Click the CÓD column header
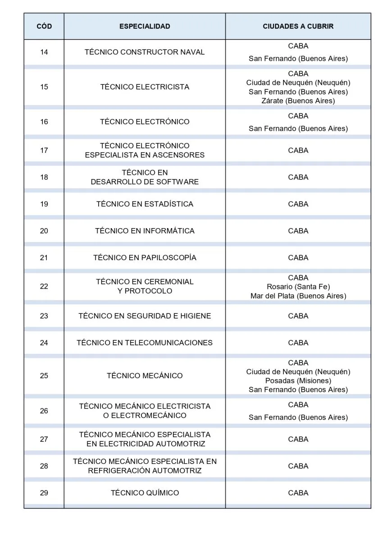44,26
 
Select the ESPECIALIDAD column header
145,26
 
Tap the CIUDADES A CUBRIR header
298,26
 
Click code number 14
44,52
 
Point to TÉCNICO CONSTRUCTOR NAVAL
145,52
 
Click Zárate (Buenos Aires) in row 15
298,101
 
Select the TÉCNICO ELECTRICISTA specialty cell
145,87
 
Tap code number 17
44,150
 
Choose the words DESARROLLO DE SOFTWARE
145,182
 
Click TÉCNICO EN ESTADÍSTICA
145,204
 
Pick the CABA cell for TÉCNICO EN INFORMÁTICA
298,231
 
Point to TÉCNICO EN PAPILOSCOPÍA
145,257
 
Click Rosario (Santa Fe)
298,287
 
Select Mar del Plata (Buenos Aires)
298,296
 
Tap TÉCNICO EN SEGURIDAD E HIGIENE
145,316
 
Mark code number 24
44,343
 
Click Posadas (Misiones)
298,381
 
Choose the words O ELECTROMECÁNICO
145,416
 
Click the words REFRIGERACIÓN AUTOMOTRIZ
145,471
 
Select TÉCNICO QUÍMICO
145,493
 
